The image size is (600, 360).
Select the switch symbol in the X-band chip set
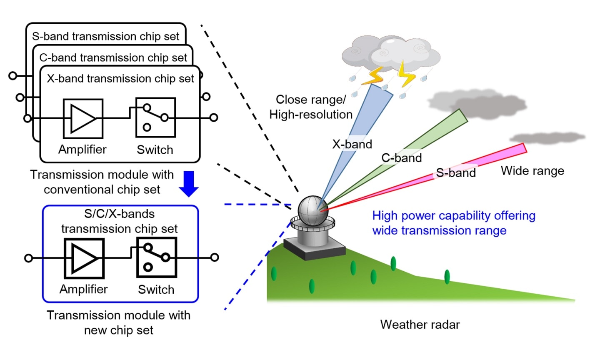pyautogui.click(x=155, y=117)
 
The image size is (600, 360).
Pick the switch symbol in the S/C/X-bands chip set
pyautogui.click(x=157, y=257)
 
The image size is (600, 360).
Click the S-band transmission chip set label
pyautogui.click(x=105, y=36)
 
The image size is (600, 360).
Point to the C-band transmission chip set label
pyautogui.click(x=113, y=57)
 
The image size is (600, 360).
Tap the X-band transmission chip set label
pyautogui.click(x=120, y=79)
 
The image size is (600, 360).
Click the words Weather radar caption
pyautogui.click(x=420, y=325)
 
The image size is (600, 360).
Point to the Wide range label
pyautogui.click(x=532, y=171)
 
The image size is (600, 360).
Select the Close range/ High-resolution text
pyautogui.click(x=311, y=107)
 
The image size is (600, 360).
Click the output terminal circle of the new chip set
pyautogui.click(x=215, y=257)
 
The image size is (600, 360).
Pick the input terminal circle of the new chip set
pyautogui.click(x=28, y=258)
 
